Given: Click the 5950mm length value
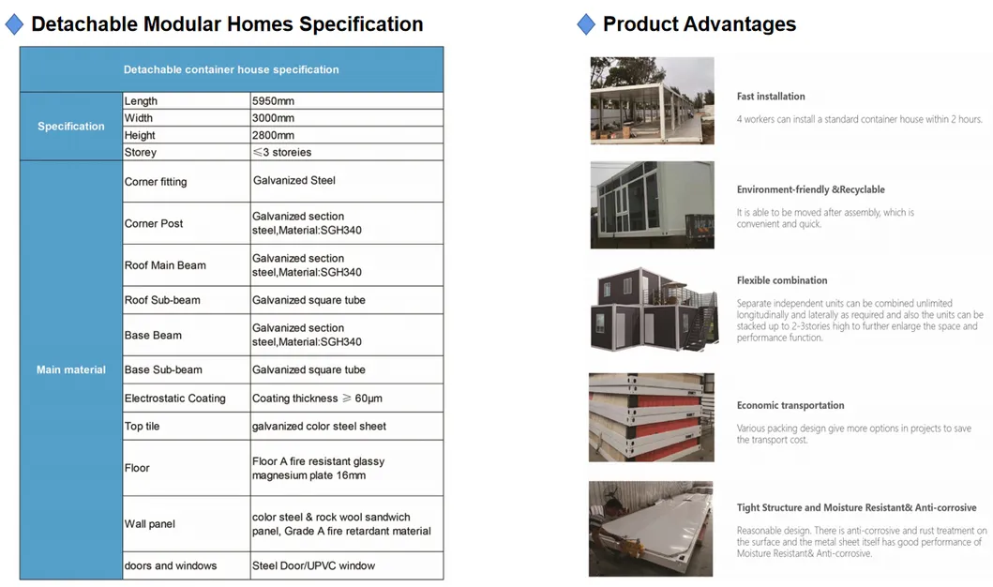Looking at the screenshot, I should click(272, 100).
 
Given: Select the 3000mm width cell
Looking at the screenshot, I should click(273, 118).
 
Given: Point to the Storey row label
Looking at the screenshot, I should click(141, 152).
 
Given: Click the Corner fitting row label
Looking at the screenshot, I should click(156, 182).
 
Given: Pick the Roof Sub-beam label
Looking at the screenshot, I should click(162, 300).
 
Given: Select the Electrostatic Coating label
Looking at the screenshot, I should click(175, 399).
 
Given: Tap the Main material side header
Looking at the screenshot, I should click(71, 369).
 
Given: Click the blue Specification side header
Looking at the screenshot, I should click(71, 127).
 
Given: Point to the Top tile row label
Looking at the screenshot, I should click(143, 427).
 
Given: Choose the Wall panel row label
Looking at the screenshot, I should click(150, 524).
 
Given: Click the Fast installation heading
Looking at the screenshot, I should click(771, 97).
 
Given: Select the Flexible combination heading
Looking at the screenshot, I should click(782, 280).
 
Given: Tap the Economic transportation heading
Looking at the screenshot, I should click(790, 405).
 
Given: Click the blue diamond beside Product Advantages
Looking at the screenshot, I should click(586, 24).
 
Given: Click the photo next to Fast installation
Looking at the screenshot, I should click(652, 100).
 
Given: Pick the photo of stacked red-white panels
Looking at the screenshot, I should click(652, 417).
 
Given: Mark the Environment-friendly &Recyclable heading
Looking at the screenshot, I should click(810, 189).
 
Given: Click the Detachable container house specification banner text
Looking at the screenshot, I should click(232, 69).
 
